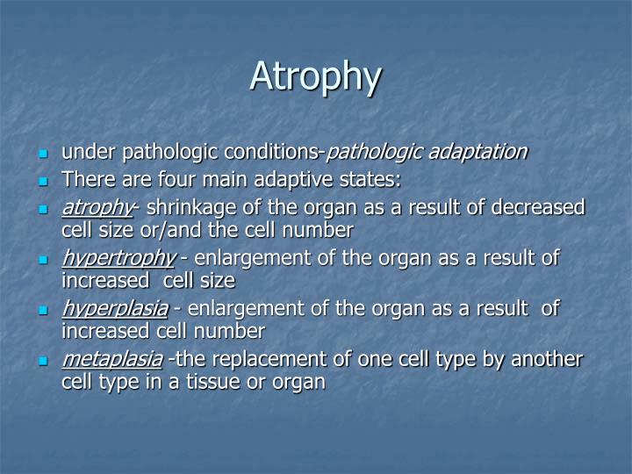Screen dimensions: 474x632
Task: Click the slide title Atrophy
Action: pos(315,77)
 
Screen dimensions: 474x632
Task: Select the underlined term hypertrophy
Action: pos(118,259)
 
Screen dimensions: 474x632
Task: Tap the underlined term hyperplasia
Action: pos(114,309)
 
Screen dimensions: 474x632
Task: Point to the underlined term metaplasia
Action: pos(111,360)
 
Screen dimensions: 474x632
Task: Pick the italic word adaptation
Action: pos(478,152)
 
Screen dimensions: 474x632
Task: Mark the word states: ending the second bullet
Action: pos(372,180)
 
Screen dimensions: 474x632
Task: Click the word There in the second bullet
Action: pos(85,180)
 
